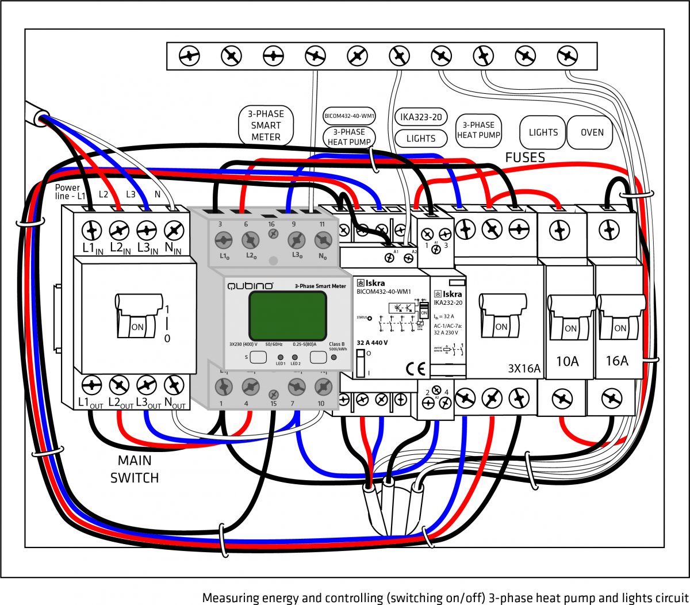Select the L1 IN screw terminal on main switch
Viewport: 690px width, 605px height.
(91, 231)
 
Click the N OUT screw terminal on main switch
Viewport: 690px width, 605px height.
(174, 385)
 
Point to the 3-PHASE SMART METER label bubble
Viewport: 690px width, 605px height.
(266, 125)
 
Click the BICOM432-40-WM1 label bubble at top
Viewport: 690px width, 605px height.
(349, 116)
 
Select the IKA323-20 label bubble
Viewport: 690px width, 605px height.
(421, 117)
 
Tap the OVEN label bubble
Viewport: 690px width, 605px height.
(592, 132)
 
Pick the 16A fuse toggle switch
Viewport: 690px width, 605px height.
(619, 316)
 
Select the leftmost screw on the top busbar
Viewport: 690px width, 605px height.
(189, 56)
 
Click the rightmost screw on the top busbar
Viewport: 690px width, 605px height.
(567, 56)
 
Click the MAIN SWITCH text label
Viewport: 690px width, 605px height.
(135, 469)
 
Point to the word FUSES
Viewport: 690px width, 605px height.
(524, 158)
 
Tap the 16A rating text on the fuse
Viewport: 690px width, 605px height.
(616, 361)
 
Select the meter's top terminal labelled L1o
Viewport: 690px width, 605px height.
(224, 240)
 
